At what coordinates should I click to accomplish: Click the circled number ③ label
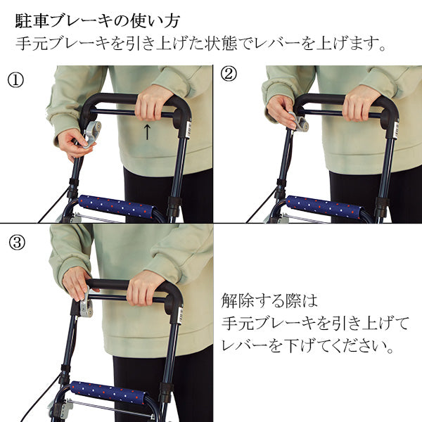[17, 243]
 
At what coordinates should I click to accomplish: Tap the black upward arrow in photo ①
[146, 132]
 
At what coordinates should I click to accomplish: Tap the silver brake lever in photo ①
[91, 132]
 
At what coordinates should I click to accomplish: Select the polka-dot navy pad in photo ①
[117, 207]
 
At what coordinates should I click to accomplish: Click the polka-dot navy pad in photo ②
[324, 207]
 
